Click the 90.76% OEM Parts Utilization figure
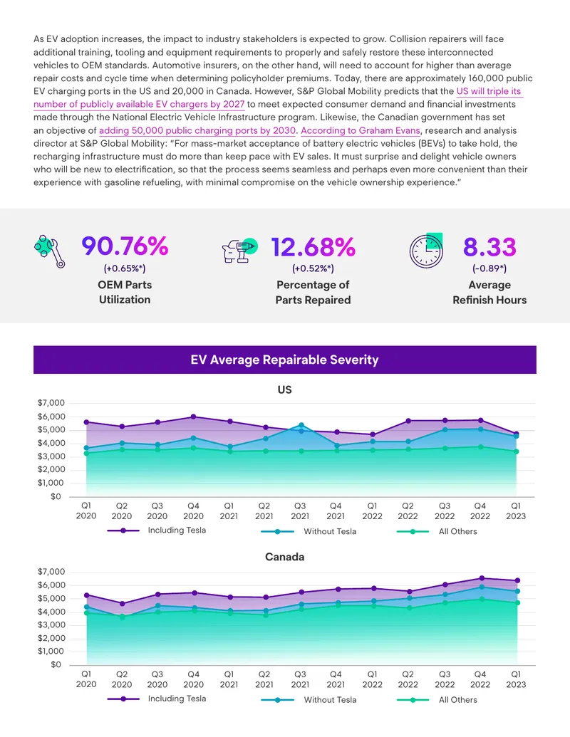[x=125, y=246]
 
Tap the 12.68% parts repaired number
[x=313, y=247]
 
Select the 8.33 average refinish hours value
[x=489, y=247]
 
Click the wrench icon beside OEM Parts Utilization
[x=49, y=251]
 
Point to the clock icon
[x=426, y=251]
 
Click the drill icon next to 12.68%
[x=239, y=251]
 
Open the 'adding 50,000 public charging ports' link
[x=197, y=130]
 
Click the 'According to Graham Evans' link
[x=361, y=130]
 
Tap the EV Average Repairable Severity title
[x=284, y=360]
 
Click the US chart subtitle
[x=284, y=390]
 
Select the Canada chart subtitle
[x=284, y=557]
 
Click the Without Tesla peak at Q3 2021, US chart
[x=301, y=425]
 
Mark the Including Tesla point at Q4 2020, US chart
[x=193, y=417]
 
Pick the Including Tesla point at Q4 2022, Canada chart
[x=481, y=578]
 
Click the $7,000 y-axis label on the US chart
[x=51, y=403]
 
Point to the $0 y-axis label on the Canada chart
[x=56, y=664]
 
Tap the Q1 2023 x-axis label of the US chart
[x=516, y=511]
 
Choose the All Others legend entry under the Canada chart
[x=437, y=700]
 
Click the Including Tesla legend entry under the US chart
[x=157, y=530]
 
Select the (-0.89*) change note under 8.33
[x=489, y=268]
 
